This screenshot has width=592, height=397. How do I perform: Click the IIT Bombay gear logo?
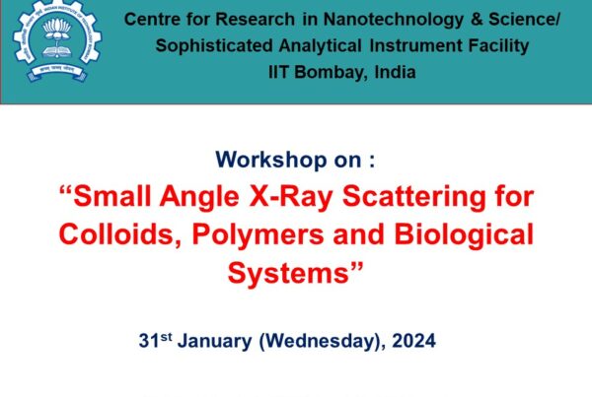point(57,40)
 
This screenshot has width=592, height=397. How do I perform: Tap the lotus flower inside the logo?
point(57,29)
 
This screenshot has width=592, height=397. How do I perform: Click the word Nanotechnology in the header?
point(393,20)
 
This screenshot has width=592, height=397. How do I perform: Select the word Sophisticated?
point(214,46)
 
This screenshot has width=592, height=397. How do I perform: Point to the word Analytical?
point(320,46)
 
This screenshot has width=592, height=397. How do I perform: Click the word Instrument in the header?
point(415,46)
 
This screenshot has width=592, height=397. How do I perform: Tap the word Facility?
point(498,46)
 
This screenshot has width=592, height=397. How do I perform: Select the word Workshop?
point(270,160)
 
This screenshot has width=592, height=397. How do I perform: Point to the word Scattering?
point(413,198)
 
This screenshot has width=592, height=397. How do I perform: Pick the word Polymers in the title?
point(258,235)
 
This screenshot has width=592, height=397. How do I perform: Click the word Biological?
point(464,235)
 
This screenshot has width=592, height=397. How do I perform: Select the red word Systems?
point(288,274)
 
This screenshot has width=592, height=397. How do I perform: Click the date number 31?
point(149,341)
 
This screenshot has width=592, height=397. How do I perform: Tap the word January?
point(214,341)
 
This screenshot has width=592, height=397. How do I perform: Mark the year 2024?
point(413,341)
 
